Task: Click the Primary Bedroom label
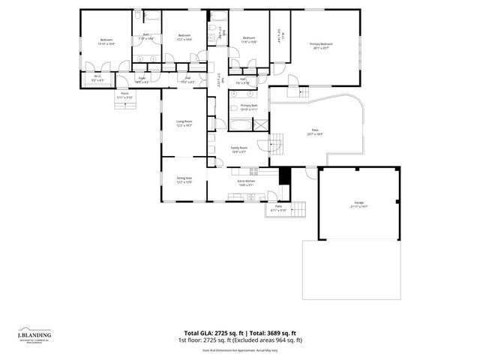pos(321,46)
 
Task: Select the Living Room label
pos(184,123)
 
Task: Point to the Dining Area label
pos(184,180)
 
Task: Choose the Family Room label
pos(240,149)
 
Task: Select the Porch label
pos(124,95)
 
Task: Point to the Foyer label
pos(142,79)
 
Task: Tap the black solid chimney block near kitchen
pos(284,175)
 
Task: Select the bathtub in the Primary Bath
pos(240,125)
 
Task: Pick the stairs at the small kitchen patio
pos(300,208)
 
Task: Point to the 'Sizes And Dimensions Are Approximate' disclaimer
pos(240,349)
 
